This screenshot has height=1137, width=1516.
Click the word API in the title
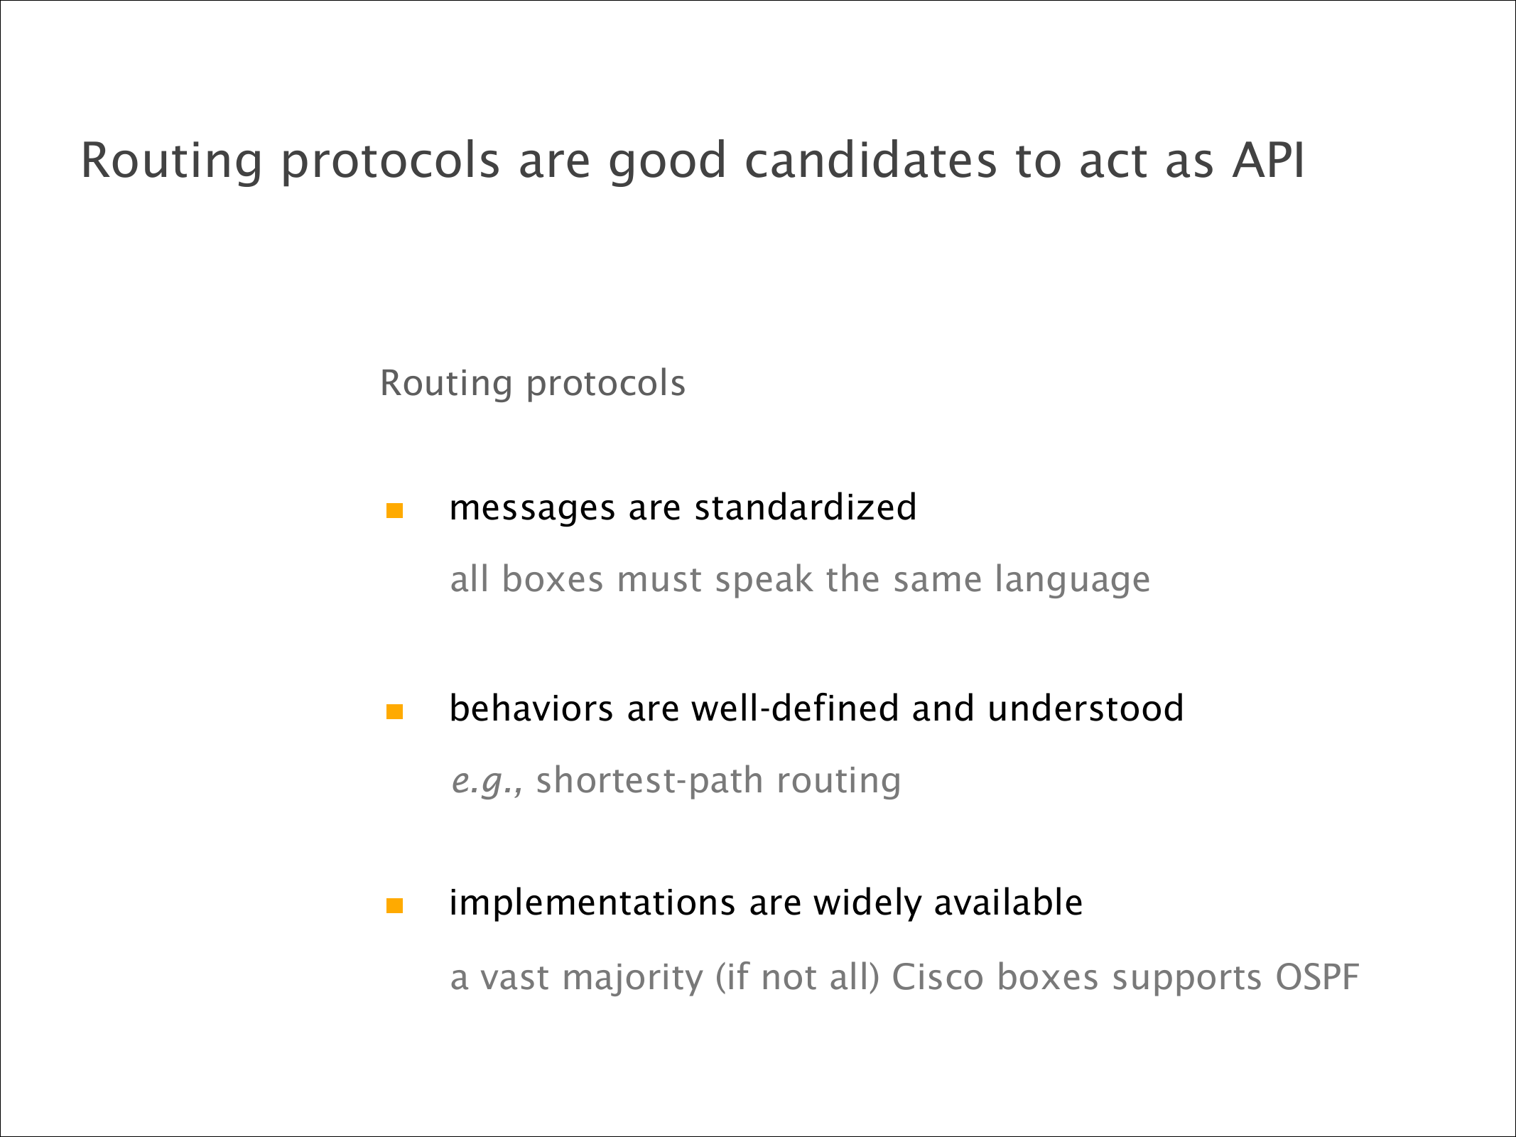(1268, 160)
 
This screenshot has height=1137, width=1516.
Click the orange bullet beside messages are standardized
(394, 510)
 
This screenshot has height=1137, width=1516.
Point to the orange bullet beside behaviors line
(394, 711)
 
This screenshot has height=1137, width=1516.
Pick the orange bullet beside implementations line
(394, 905)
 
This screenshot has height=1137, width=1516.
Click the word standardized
(806, 507)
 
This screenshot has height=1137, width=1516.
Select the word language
(1073, 581)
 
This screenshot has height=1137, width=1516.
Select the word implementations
(592, 905)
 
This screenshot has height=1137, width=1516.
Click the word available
(1008, 902)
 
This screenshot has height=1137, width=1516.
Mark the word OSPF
(1317, 977)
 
